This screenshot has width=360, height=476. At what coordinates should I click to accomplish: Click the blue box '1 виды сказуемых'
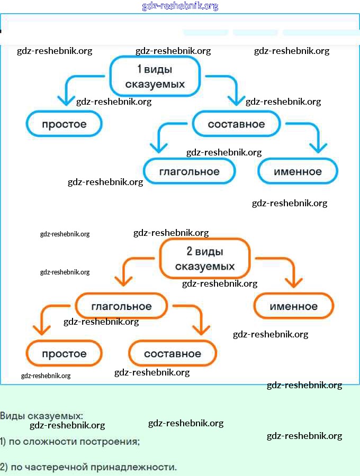tap(155, 77)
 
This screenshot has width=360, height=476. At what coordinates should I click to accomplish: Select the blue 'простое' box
tap(64, 124)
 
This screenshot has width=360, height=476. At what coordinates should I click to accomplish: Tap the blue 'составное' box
tap(236, 124)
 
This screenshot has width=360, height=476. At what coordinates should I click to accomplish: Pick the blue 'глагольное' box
tap(189, 171)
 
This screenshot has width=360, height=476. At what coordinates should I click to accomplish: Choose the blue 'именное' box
tap(298, 171)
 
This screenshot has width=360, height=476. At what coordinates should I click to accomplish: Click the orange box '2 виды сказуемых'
tap(204, 259)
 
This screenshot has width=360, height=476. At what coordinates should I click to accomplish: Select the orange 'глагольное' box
tap(121, 306)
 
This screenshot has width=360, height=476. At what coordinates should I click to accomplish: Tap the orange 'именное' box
tap(294, 306)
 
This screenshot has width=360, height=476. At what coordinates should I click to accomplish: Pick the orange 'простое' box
tap(64, 353)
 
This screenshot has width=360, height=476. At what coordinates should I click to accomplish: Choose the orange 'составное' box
tap(173, 353)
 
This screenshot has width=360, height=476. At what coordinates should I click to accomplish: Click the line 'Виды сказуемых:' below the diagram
tap(42, 416)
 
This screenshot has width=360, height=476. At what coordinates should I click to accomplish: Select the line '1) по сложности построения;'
tap(70, 441)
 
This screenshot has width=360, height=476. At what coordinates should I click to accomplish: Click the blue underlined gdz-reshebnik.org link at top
tap(180, 6)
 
